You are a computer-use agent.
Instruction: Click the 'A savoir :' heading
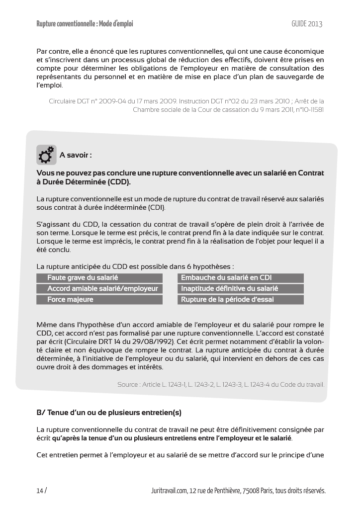76,155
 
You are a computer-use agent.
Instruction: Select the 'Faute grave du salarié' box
99,278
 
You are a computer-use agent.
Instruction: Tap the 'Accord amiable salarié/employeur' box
99,289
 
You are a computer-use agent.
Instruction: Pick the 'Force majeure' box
99,300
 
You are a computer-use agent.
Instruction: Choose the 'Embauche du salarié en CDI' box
241,278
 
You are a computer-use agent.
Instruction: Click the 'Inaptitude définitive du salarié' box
241,289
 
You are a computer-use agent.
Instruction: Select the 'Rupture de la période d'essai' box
241,300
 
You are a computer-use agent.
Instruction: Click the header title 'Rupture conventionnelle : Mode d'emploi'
85,24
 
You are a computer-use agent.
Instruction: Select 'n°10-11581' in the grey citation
307,109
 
